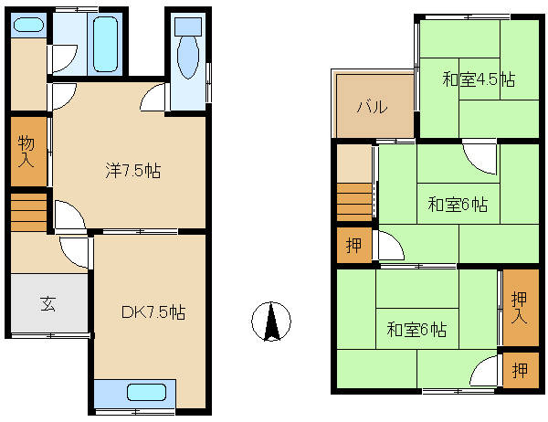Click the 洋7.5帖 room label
pos(133,171)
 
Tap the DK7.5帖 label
pos(153,311)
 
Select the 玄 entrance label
pos(47,303)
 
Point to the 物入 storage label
pos(26,151)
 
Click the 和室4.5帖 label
pos(479,79)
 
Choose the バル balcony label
pos(373,107)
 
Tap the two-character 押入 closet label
pos(519,308)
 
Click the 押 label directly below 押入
pos(520,370)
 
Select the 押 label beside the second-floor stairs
pos(353,245)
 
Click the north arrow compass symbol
pos(271,322)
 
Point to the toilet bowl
pos(188,58)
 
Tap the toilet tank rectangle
pos(188,26)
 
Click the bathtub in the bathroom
pos(105,45)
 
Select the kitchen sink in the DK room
pos(146,392)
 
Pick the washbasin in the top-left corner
pos(28,25)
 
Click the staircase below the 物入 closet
pos(28,212)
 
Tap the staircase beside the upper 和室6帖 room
pos(354,202)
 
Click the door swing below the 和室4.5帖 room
pos(479,159)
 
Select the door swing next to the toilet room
pos(153,98)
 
